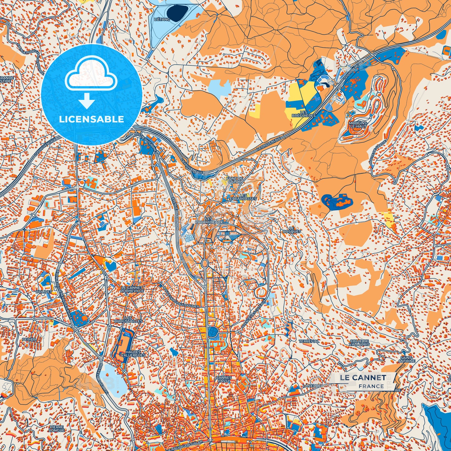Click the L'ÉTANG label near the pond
point(162,19)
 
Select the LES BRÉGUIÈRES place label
point(308,114)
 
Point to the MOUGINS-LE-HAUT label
point(358,125)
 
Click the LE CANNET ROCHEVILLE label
point(132,289)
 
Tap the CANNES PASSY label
point(224,379)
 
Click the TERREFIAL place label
point(309,341)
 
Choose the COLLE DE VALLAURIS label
point(360,342)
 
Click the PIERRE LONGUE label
point(56,429)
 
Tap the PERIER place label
point(29,339)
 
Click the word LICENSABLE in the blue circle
point(92,119)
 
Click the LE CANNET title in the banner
point(363,377)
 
